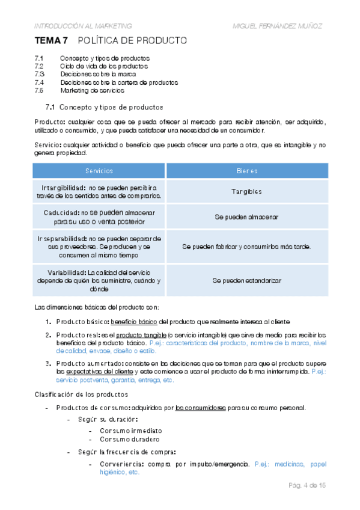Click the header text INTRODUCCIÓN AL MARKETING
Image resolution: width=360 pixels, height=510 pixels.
83,26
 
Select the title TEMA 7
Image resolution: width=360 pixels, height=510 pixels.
51,41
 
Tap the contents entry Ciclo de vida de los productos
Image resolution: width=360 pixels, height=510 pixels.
104,66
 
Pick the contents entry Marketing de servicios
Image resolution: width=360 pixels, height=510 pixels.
93,90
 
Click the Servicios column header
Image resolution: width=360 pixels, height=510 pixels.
99,171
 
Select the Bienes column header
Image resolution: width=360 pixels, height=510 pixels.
247,171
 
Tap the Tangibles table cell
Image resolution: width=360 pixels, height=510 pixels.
247,191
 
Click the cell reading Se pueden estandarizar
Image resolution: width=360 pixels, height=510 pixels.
247,280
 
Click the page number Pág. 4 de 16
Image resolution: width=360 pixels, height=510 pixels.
307,485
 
